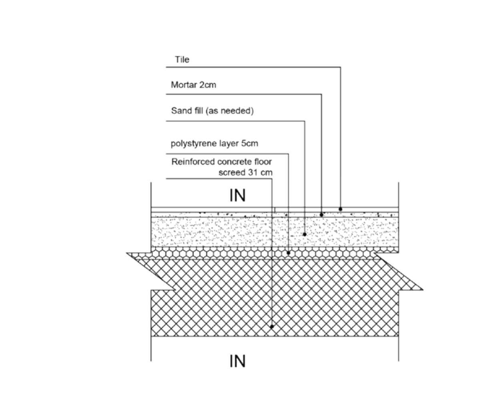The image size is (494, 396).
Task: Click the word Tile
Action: (182, 60)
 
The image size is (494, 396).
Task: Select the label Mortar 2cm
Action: (193, 85)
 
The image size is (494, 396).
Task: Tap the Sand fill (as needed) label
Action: (212, 111)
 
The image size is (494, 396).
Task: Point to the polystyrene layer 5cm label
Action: (214, 144)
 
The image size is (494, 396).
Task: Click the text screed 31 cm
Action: (245, 173)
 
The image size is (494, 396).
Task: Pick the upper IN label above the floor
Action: (237, 195)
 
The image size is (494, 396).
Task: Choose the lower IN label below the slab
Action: (237, 361)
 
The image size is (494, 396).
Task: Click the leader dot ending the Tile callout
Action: (340, 209)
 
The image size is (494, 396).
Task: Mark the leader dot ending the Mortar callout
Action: (321, 215)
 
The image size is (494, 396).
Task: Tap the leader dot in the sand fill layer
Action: (305, 234)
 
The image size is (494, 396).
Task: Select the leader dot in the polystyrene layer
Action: (289, 253)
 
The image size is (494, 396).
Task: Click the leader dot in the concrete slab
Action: (272, 327)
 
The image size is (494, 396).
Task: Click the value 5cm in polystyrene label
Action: (250, 144)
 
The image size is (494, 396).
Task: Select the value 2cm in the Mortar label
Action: (207, 85)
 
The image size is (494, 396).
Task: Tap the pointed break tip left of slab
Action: (128, 253)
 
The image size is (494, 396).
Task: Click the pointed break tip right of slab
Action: (422, 289)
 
